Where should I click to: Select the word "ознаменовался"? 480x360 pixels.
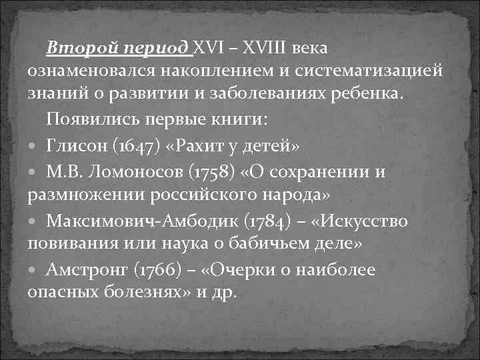click(89, 71)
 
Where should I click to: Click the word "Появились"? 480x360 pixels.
click(87, 120)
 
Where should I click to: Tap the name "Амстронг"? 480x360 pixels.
click(86, 270)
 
